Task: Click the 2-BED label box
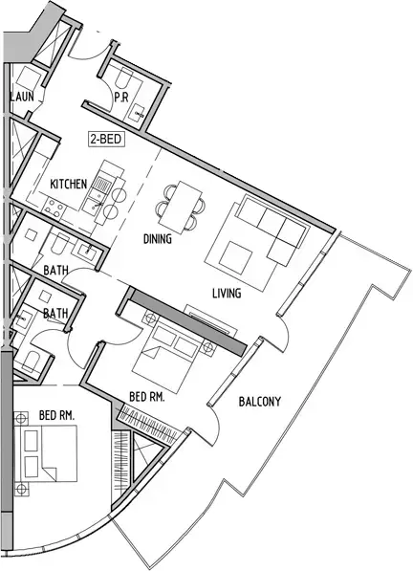[x=107, y=139]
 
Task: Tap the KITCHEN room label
[x=69, y=185]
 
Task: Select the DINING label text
[x=157, y=239]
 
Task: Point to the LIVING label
[x=227, y=293]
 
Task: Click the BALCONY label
[x=260, y=402]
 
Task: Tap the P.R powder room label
[x=121, y=98]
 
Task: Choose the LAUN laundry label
[x=22, y=97]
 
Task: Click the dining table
[x=181, y=208]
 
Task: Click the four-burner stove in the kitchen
[x=54, y=208]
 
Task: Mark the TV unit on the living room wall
[x=210, y=319]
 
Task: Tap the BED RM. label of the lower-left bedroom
[x=56, y=415]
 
